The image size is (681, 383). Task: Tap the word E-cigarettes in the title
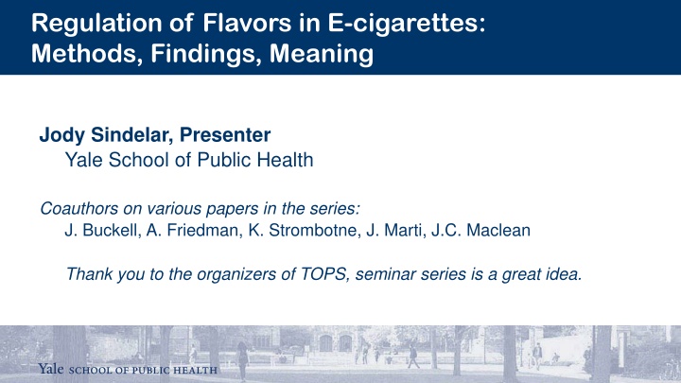(406, 24)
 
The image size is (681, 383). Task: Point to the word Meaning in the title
(322, 54)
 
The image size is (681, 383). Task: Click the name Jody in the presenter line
(62, 135)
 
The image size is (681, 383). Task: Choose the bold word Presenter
(225, 134)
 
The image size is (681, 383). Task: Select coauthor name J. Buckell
(102, 230)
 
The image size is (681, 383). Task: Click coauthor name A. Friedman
(194, 230)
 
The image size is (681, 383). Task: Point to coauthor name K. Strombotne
(305, 230)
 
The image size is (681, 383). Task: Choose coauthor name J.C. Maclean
(480, 230)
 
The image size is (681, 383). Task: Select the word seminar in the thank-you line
(386, 274)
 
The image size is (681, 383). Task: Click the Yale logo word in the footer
(51, 369)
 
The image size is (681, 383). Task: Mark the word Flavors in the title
(247, 24)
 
